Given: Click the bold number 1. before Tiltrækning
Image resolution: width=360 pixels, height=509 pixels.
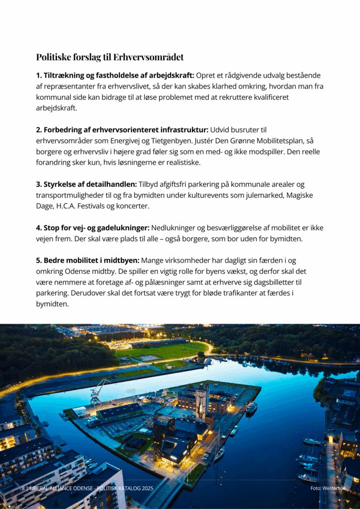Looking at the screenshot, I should [x=39, y=76].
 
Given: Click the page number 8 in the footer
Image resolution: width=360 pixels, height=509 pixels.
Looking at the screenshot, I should [x=23, y=489].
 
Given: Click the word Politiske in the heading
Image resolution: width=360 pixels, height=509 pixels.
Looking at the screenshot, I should [x=54, y=57].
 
